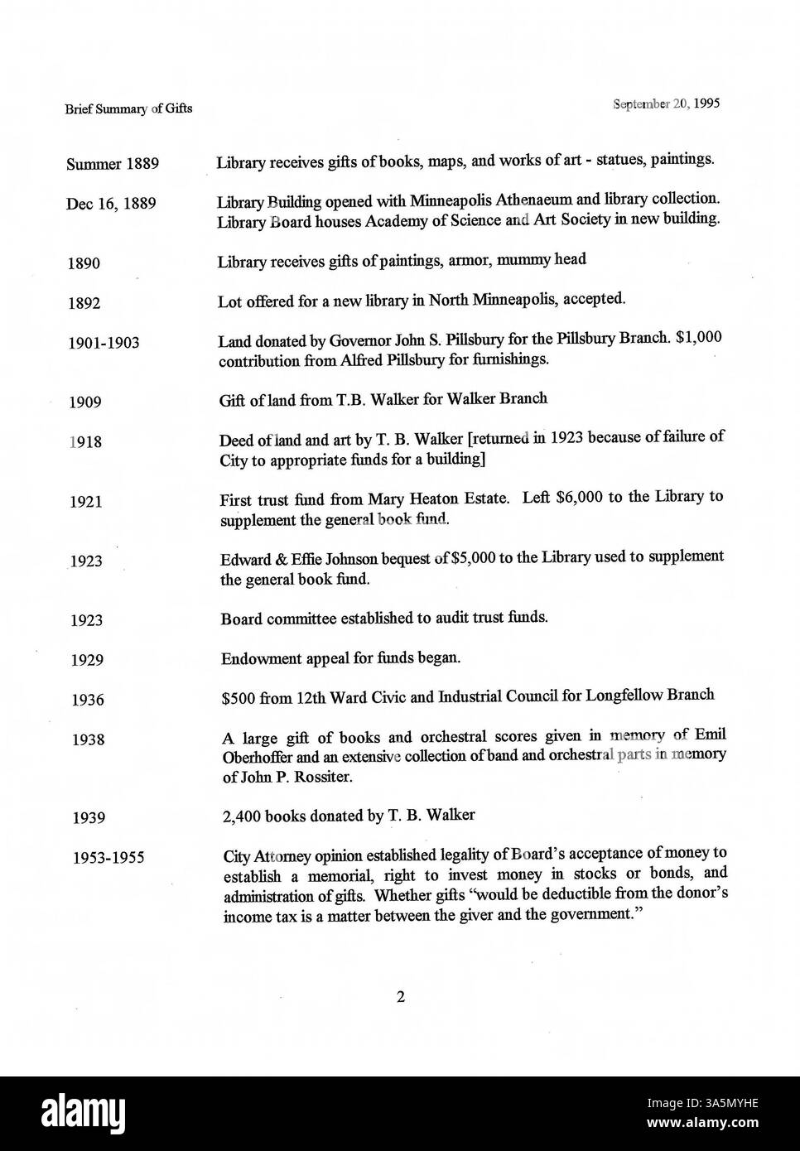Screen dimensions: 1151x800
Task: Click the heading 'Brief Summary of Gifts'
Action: click(128, 108)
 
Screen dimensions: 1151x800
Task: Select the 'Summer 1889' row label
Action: click(112, 164)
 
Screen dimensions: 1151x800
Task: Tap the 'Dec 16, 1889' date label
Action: click(111, 204)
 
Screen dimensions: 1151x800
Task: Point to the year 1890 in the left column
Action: click(84, 264)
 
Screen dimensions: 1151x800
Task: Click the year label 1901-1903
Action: click(104, 343)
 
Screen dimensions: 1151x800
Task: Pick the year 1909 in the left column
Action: click(85, 402)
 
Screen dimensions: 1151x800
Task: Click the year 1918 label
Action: click(86, 442)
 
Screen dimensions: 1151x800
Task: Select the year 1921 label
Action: click(86, 502)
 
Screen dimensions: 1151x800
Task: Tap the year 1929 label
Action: click(86, 660)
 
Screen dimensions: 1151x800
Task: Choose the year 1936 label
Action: click(87, 701)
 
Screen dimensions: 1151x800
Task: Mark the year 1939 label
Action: click(88, 818)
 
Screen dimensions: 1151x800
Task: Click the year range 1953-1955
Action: click(109, 858)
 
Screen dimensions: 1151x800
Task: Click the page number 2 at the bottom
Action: click(400, 998)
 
